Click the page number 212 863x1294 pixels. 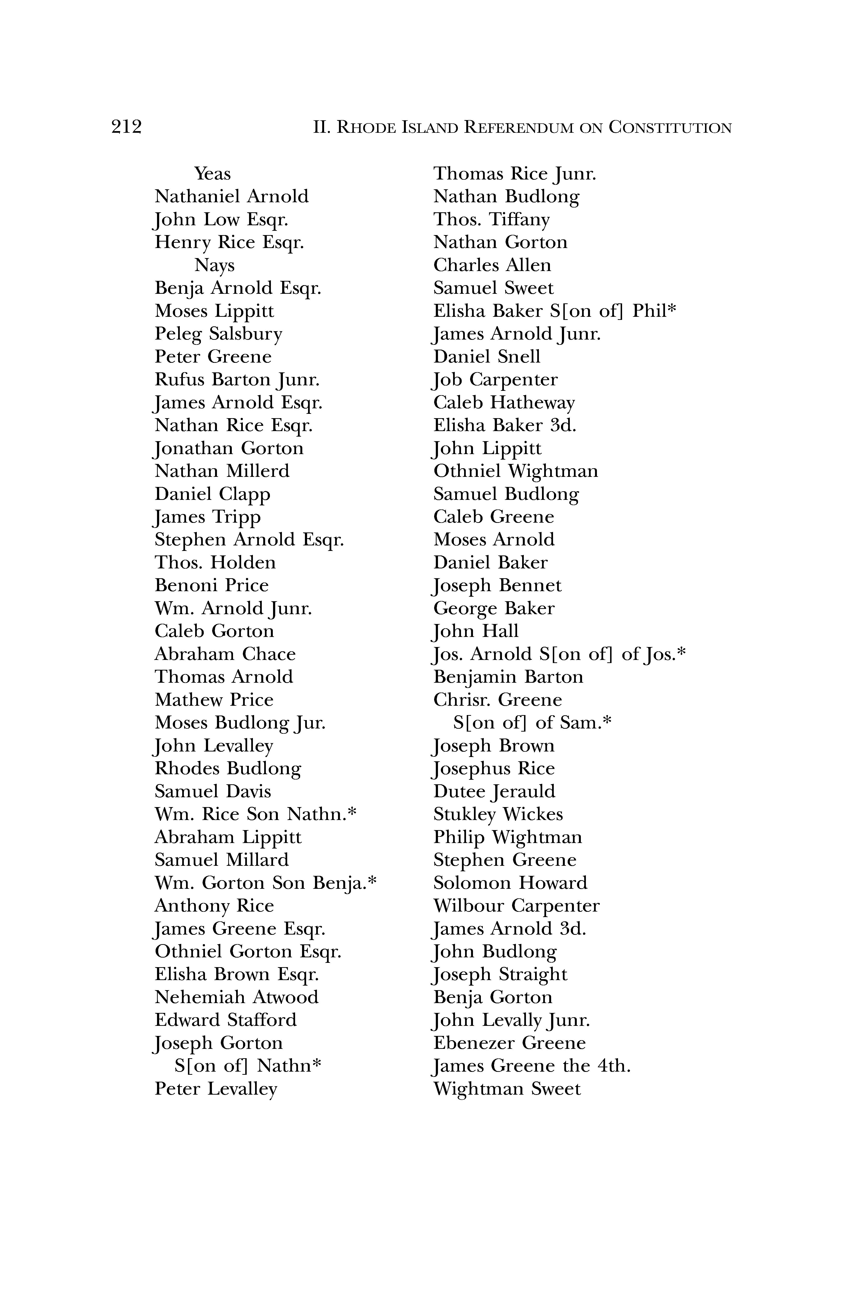[126, 127]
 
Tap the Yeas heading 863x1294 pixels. [212, 174]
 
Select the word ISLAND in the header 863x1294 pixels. [429, 128]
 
